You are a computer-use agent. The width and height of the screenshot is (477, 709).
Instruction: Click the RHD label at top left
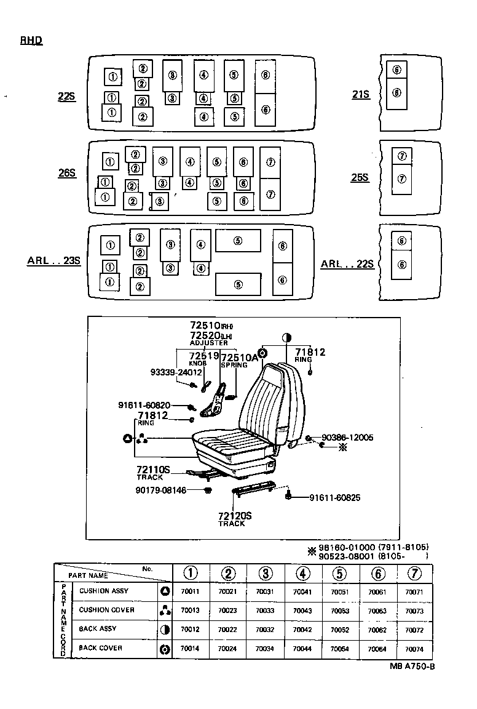[x=31, y=41]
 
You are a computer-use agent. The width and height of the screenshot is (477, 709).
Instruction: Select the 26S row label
[x=66, y=174]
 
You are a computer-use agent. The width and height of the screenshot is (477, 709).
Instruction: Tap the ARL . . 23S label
[x=54, y=260]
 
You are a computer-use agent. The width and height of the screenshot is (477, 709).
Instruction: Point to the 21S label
[x=361, y=94]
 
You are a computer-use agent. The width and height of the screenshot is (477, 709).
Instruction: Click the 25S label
[x=360, y=177]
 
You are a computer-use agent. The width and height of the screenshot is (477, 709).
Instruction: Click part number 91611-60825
[x=334, y=497]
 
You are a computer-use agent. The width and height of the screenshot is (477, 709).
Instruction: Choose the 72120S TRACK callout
[x=234, y=518]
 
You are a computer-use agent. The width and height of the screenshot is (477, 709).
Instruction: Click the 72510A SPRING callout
[x=235, y=360]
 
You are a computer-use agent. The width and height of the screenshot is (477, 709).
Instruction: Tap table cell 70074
[x=414, y=649]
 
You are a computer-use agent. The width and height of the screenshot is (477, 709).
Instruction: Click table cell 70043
[x=302, y=611]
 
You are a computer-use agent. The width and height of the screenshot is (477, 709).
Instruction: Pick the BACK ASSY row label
[x=97, y=629]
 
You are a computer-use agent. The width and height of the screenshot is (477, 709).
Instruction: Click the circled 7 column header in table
[x=414, y=573]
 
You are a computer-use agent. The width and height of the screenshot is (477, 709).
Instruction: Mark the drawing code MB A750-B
[x=412, y=667]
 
